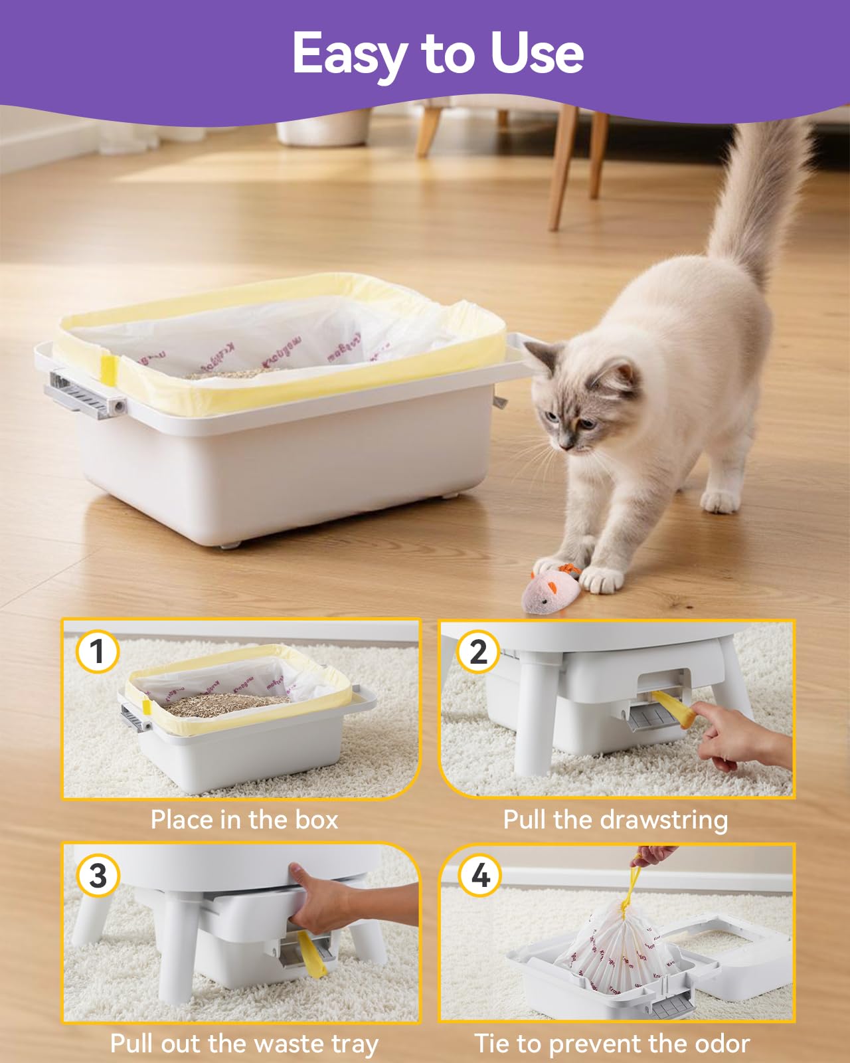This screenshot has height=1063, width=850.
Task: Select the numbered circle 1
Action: pyautogui.click(x=98, y=652)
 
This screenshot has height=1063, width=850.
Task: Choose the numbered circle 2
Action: pyautogui.click(x=477, y=652)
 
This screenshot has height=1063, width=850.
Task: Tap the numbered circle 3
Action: pyautogui.click(x=98, y=875)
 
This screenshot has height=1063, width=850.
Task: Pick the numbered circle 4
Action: pyautogui.click(x=479, y=875)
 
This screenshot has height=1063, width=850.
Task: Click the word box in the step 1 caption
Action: pyautogui.click(x=317, y=819)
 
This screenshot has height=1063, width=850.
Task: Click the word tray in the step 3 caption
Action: pyautogui.click(x=354, y=1043)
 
